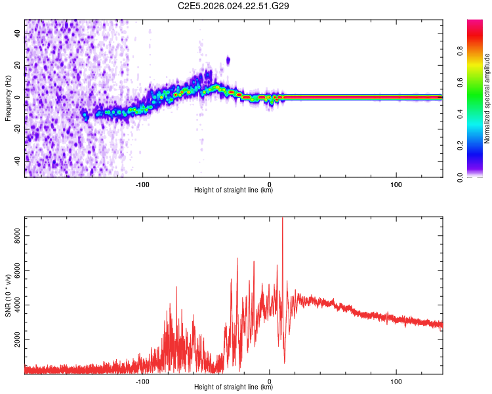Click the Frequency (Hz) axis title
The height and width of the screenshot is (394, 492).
pos(8,98)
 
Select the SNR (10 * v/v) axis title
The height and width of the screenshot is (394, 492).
pos(8,296)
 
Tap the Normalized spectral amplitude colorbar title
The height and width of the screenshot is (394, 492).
pos(487,99)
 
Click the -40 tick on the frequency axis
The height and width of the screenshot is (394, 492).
pos(18,160)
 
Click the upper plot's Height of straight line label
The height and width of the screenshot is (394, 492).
pos(234,190)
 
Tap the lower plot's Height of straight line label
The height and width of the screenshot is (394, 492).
pos(234,387)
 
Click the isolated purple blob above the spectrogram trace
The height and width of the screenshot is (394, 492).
pos(228,60)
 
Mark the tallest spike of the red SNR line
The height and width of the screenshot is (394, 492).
pos(282,219)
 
